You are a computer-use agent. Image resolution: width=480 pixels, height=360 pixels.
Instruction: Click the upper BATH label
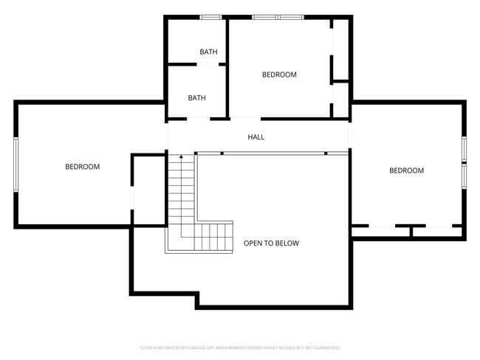click(208, 52)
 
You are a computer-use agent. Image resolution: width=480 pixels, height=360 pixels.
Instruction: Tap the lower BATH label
click(196, 98)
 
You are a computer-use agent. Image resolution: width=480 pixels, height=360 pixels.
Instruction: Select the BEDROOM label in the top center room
click(279, 75)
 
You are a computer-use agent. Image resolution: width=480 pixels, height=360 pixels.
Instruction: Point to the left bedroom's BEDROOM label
click(82, 167)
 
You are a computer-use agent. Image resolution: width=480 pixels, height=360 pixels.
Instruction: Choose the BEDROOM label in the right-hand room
click(406, 170)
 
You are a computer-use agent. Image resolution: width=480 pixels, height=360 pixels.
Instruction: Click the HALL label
click(256, 137)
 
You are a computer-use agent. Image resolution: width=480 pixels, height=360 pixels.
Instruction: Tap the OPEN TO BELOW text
click(271, 243)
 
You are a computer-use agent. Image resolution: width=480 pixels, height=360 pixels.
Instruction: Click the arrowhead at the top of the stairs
click(181, 157)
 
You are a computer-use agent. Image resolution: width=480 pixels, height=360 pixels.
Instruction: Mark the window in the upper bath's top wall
click(211, 17)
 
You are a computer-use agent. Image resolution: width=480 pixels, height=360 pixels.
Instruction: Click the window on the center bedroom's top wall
click(278, 17)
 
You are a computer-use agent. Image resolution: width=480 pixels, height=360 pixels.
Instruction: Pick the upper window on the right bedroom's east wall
click(464, 148)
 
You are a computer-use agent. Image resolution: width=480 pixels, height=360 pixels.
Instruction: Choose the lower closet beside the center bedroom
click(340, 99)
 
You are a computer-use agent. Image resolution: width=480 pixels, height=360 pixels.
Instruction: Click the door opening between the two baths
click(208, 65)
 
